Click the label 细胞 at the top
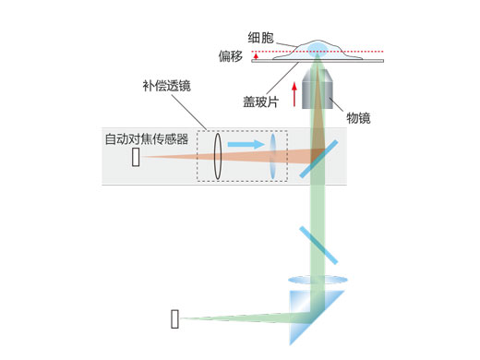(x=261, y=38)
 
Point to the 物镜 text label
(x=358, y=116)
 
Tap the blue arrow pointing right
(x=246, y=145)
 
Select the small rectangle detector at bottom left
(x=174, y=319)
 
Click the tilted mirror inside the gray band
(x=315, y=159)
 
